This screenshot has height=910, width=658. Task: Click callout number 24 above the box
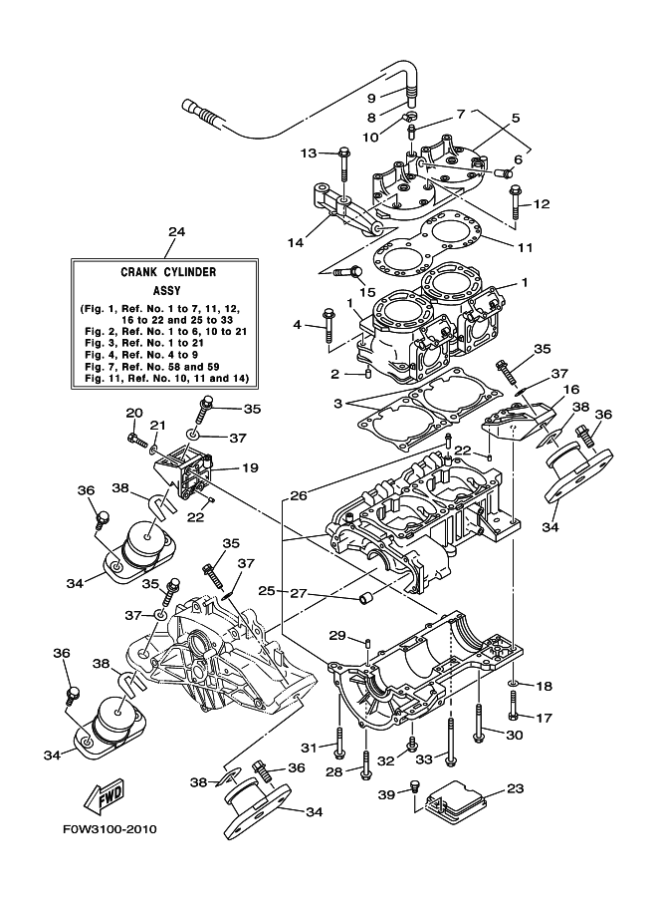(176, 232)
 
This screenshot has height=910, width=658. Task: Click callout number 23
(514, 789)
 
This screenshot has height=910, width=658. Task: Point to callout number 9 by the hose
(371, 98)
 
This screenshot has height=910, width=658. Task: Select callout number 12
(542, 204)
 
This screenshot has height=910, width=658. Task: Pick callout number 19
(249, 466)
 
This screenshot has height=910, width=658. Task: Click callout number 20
(133, 414)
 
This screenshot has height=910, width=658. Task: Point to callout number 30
(514, 736)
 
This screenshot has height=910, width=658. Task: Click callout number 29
(336, 636)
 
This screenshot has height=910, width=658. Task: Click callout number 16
(571, 390)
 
